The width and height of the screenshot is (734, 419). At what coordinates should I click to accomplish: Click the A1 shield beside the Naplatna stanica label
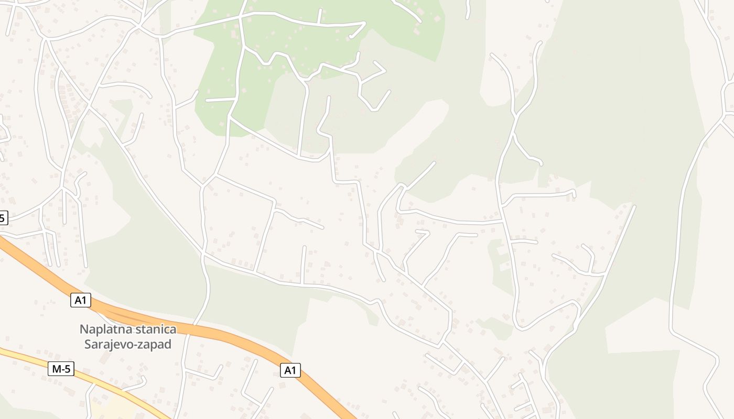(80, 300)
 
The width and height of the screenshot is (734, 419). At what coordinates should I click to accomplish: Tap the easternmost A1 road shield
(290, 370)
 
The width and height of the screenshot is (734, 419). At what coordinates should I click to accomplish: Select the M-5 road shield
(61, 369)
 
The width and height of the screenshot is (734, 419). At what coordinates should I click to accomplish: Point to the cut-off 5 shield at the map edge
(3, 218)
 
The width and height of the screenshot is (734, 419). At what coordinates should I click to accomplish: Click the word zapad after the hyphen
(155, 345)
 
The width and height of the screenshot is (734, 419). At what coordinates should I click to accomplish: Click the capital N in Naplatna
(83, 329)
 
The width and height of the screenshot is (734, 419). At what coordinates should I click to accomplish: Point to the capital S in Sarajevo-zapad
(88, 344)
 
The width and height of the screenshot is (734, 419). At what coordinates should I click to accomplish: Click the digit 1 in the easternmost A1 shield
(294, 370)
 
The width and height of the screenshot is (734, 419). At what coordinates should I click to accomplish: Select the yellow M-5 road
(31, 359)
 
